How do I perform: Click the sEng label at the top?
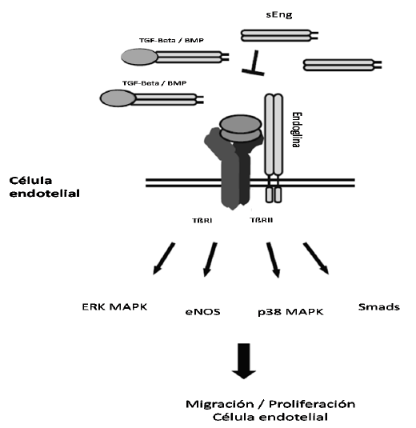(279, 14)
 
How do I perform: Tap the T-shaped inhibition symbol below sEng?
(254, 63)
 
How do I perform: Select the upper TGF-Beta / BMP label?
(171, 40)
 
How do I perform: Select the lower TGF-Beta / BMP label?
(154, 83)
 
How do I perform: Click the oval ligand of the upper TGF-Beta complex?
(139, 57)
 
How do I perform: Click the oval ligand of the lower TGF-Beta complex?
(118, 98)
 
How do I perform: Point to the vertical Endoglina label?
(296, 130)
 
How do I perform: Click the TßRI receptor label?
(202, 220)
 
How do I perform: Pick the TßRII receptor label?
(262, 220)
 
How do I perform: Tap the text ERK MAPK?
(114, 307)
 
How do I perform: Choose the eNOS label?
(203, 312)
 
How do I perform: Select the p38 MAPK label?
(290, 312)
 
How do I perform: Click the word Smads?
(379, 307)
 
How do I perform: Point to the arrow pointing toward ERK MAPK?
(164, 258)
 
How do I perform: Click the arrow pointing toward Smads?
(316, 258)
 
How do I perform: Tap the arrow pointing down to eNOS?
(210, 259)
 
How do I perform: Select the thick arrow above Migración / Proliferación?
(244, 361)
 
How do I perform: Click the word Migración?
(220, 404)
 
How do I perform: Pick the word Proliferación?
(312, 404)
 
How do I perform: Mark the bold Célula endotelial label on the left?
(44, 187)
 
